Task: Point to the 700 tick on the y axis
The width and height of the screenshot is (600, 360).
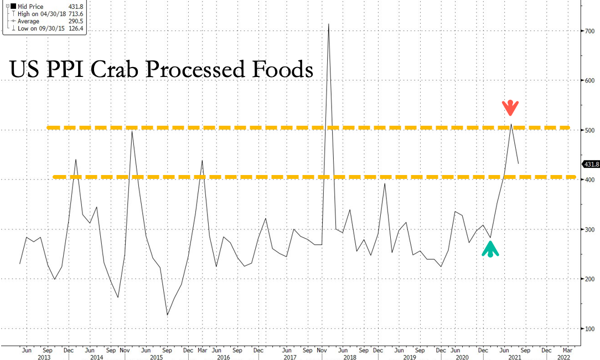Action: [x=588, y=31]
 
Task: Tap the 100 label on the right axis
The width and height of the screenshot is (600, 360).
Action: [x=588, y=328]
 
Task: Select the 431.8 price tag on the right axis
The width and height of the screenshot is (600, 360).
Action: [x=591, y=164]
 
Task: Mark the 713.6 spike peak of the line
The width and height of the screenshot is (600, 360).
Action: [x=329, y=24]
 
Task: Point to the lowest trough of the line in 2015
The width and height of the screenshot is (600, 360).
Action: [x=167, y=315]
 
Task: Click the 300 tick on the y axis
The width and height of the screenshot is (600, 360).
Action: [x=588, y=229]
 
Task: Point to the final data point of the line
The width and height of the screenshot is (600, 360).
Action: [x=518, y=163]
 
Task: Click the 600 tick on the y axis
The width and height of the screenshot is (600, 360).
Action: [x=588, y=81]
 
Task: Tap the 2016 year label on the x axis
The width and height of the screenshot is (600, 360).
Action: [x=223, y=358]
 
